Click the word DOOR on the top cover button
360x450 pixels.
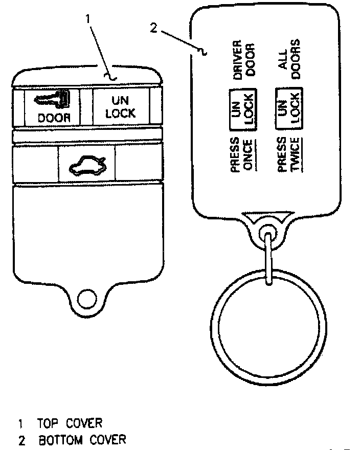54,117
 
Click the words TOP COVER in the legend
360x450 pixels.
70,423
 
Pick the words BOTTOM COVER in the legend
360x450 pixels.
81,439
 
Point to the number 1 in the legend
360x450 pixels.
21,424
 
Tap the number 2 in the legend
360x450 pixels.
21,440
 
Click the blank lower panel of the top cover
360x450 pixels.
87,230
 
